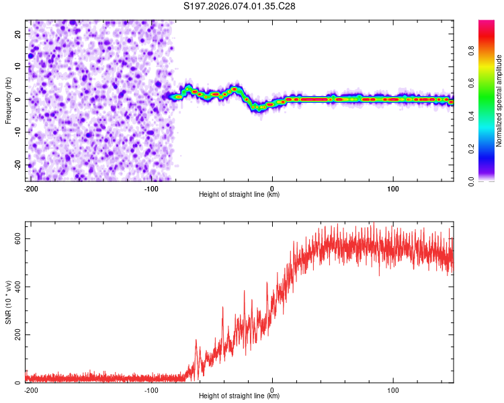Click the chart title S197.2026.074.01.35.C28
[x=239, y=6]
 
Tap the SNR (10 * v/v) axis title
[x=8, y=303]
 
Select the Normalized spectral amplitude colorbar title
[x=499, y=101]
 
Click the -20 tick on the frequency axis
[x=17, y=165]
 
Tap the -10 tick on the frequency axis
[x=17, y=132]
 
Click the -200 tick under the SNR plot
[x=31, y=390]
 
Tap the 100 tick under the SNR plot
[x=392, y=390]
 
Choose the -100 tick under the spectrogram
[x=151, y=187]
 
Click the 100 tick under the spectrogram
[x=392, y=187]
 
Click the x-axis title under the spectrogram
[x=239, y=195]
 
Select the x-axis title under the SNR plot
[x=239, y=397]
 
